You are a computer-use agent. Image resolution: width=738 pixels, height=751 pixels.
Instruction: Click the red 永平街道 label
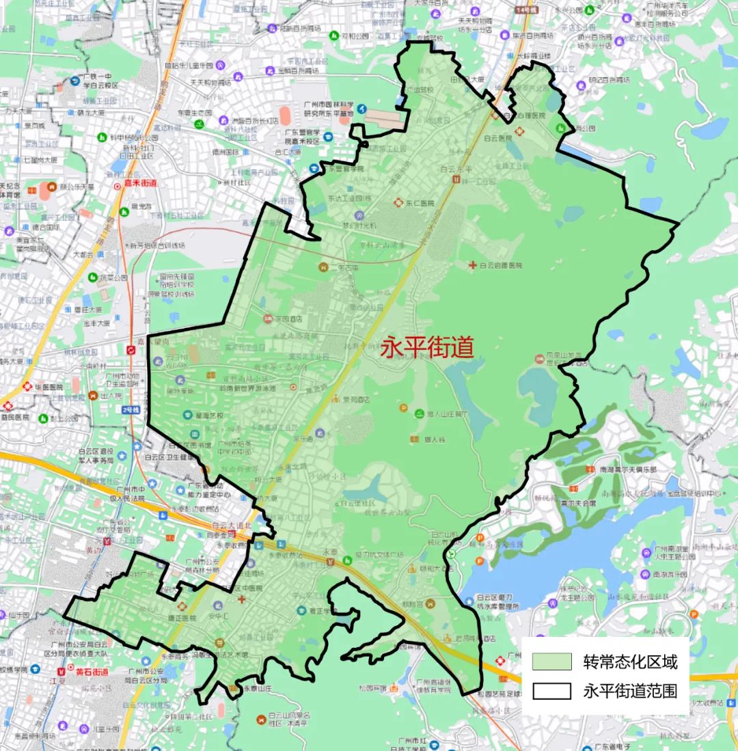(x=426, y=349)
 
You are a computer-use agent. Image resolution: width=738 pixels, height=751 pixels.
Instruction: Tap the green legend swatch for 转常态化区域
(x=552, y=661)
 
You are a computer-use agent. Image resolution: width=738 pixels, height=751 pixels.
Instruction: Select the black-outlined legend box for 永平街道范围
(x=552, y=691)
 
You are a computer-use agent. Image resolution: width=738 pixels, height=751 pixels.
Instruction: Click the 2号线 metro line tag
(x=131, y=409)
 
